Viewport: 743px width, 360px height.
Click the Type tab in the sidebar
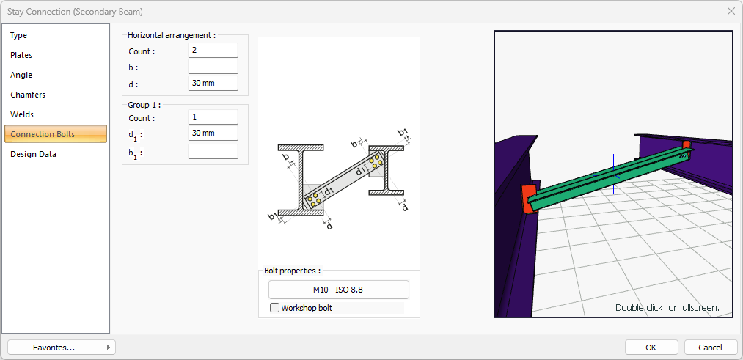pyautogui.click(x=19, y=35)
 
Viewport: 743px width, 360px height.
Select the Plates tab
pyautogui.click(x=21, y=56)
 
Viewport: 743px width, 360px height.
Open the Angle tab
pyautogui.click(x=21, y=75)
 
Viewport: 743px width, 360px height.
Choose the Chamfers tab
pyautogui.click(x=28, y=95)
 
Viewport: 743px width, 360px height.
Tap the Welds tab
pyautogui.click(x=22, y=114)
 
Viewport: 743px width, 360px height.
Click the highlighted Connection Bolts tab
pyautogui.click(x=56, y=134)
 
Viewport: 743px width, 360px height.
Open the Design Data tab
pyautogui.click(x=33, y=154)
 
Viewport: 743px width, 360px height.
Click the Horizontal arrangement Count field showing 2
pyautogui.click(x=213, y=50)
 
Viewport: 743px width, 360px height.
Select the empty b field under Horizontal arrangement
pyautogui.click(x=213, y=66)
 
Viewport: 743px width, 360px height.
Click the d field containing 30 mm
pyautogui.click(x=213, y=84)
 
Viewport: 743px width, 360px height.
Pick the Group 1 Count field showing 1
pyautogui.click(x=213, y=117)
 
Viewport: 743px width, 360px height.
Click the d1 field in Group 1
pyautogui.click(x=213, y=133)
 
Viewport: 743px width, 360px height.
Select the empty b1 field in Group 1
pyautogui.click(x=213, y=152)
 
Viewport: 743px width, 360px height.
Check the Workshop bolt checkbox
pyautogui.click(x=274, y=308)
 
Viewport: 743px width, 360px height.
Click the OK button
pyautogui.click(x=651, y=348)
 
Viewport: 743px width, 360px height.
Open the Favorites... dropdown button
pyautogui.click(x=62, y=348)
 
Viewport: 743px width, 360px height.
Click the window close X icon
pyautogui.click(x=731, y=11)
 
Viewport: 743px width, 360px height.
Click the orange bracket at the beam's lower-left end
pyautogui.click(x=528, y=199)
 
